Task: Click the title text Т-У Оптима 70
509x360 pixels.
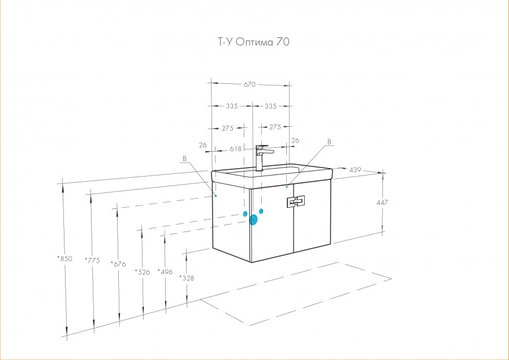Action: click(253, 42)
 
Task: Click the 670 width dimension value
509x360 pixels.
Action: click(249, 84)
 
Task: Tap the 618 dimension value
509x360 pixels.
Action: click(235, 149)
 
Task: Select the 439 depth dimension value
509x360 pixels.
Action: click(355, 170)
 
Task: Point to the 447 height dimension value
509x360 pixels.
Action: click(382, 203)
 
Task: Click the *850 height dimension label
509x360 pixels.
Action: click(64, 259)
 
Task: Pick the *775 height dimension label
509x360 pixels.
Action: click(92, 260)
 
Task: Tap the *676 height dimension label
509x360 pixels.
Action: click(118, 264)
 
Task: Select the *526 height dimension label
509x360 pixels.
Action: click(143, 272)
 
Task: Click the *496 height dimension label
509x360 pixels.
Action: click(165, 272)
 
